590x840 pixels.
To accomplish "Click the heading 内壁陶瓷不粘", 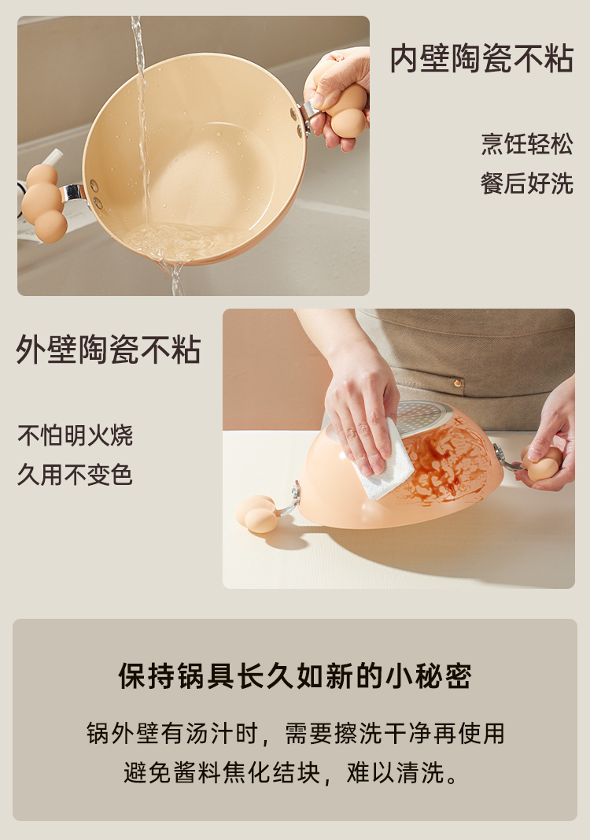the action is coord(481,58).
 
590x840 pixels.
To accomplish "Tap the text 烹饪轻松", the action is coord(527,143).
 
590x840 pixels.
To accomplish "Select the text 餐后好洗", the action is coord(527,183).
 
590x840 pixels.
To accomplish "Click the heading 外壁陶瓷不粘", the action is coord(108,350).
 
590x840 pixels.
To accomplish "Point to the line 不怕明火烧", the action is coord(75,435).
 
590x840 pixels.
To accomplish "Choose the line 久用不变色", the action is coord(75,475).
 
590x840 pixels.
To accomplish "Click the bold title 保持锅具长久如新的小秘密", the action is coord(295,676).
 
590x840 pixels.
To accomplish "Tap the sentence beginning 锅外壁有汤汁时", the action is coord(296,734).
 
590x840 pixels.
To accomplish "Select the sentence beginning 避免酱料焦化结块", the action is coord(292,772).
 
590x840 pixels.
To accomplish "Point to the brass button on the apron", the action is coord(458,383).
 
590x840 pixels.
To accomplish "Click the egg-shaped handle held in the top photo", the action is coord(343,102).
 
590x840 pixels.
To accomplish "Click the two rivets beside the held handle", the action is coord(296,121).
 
